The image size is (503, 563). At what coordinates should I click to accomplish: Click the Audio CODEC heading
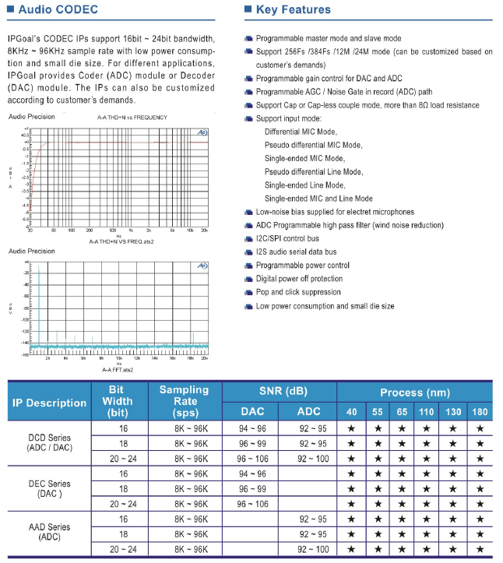coord(58,10)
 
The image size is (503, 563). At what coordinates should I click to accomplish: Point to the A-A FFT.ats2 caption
coord(118,370)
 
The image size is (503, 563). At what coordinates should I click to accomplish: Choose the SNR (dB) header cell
coord(280,392)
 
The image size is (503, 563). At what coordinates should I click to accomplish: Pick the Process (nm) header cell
coord(414,392)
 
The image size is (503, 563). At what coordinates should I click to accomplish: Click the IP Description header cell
coord(49,402)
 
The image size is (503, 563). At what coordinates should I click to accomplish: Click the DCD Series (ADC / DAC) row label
coord(49,443)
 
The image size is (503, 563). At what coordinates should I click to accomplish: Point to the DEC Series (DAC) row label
coord(49,488)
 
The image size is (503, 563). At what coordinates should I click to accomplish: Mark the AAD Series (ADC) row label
coord(49,533)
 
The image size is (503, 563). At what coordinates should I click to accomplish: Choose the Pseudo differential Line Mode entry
coord(313,171)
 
